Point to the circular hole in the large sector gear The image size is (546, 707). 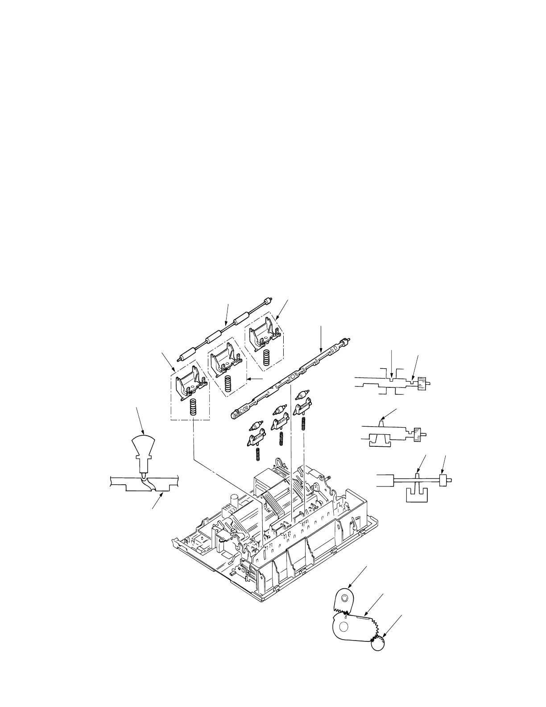click(343, 627)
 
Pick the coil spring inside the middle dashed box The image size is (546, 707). click(229, 383)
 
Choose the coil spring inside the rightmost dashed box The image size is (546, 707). click(267, 358)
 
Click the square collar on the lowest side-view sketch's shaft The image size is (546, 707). click(443, 481)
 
